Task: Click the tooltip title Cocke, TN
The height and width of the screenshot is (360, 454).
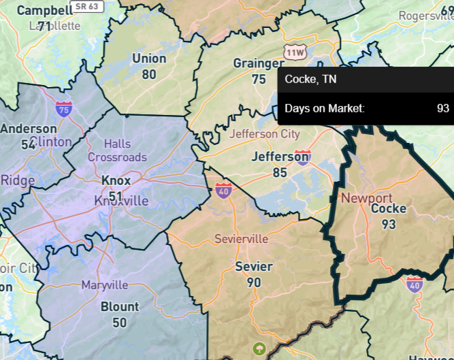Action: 310,80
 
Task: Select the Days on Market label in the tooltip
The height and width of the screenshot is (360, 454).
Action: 324,108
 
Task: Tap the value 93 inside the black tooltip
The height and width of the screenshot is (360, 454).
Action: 443,108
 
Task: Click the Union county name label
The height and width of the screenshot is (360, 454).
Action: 149,59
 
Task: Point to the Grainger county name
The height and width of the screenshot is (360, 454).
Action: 259,63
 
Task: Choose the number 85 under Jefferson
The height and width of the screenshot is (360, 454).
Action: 280,172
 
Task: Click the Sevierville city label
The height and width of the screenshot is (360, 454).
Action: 241,240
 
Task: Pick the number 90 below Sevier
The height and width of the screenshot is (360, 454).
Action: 254,282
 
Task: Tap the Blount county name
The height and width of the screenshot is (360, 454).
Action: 119,307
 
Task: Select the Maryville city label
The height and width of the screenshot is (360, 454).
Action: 105,284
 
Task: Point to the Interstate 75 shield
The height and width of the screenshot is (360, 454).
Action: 65,108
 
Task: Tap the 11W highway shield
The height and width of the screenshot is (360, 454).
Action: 295,52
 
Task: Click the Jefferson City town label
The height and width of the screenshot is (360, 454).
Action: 264,133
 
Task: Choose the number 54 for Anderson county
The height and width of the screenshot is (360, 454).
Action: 28,144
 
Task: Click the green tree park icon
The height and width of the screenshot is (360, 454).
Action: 259,349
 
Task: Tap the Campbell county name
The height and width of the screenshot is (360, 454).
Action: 44,10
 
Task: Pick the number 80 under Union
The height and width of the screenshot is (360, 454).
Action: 149,74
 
